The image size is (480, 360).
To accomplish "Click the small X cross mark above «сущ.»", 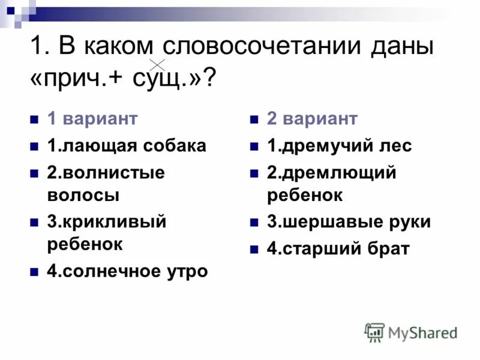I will pos(157,64).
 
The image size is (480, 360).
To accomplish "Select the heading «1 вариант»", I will pos(92,118).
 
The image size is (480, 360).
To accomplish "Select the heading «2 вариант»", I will pos(312,118).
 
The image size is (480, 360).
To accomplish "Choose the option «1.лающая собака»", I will pos(127,145).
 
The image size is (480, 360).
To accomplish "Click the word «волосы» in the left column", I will pos(83,195).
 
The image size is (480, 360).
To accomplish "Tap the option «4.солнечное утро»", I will pos(127,271).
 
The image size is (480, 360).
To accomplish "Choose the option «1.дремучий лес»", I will pos(340,145).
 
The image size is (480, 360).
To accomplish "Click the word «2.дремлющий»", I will pos(332,173).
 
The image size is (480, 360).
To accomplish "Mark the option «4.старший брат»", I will pos(338,248).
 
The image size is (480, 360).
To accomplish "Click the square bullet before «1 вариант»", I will pos(34,119).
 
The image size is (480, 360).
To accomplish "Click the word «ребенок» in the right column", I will pos(305,195).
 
